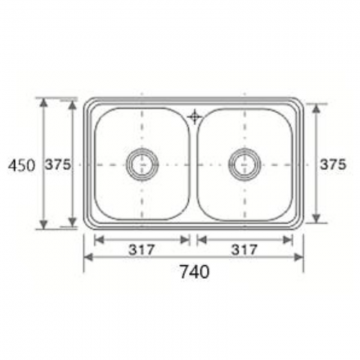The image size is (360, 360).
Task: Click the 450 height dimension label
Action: click(x=21, y=166)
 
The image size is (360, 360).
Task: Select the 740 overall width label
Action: click(x=195, y=272)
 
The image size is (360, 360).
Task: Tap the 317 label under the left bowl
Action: click(x=142, y=250)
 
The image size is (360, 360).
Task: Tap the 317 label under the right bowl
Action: click(x=244, y=250)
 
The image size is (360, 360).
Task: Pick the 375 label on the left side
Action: click(x=58, y=164)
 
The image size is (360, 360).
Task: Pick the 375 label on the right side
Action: click(x=333, y=164)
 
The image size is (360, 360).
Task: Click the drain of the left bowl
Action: click(x=142, y=164)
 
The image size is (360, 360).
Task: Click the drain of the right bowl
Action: click(x=245, y=164)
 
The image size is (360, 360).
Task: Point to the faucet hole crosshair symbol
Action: click(x=194, y=117)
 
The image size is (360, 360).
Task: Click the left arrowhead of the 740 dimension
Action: click(x=88, y=257)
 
